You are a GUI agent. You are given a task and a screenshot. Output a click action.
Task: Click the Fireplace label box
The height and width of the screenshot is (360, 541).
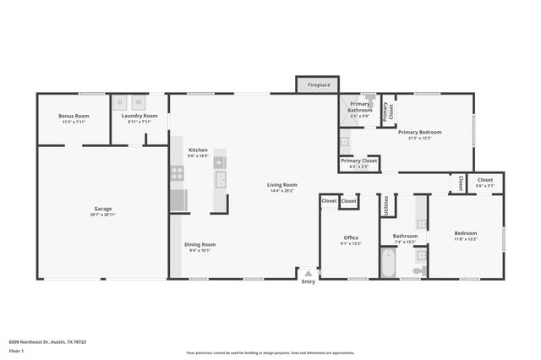318,85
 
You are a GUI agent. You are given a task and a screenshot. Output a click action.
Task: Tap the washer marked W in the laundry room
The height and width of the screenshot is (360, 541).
139,102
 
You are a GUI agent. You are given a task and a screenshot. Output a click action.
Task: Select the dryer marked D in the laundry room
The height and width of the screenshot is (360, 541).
120,102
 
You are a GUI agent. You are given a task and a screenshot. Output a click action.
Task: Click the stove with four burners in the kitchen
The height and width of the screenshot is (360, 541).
178,173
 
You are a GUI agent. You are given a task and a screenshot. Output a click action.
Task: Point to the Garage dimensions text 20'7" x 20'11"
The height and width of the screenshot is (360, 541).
103,215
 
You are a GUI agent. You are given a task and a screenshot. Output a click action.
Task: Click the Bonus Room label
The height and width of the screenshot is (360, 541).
74,116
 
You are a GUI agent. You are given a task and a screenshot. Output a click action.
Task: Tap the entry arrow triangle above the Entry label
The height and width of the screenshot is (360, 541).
309,274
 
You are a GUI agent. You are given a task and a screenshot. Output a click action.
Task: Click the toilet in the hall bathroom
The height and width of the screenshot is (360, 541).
418,270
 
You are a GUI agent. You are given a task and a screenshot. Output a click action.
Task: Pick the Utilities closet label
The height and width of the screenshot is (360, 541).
385,205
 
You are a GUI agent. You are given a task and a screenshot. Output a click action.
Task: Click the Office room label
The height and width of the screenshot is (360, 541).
351,237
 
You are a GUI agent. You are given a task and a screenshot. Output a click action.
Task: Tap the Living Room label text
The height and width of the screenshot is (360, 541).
281,184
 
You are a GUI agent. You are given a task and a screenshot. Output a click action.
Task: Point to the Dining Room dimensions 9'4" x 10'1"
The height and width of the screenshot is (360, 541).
201,250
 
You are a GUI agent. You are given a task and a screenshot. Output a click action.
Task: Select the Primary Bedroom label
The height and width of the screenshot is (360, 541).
420,132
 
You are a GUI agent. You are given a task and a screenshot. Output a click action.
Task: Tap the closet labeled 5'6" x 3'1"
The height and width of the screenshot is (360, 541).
485,183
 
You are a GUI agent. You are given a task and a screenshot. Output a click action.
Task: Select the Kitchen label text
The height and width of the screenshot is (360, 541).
198,150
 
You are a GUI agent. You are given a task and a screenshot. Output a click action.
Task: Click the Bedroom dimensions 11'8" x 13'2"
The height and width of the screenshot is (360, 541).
466,239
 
